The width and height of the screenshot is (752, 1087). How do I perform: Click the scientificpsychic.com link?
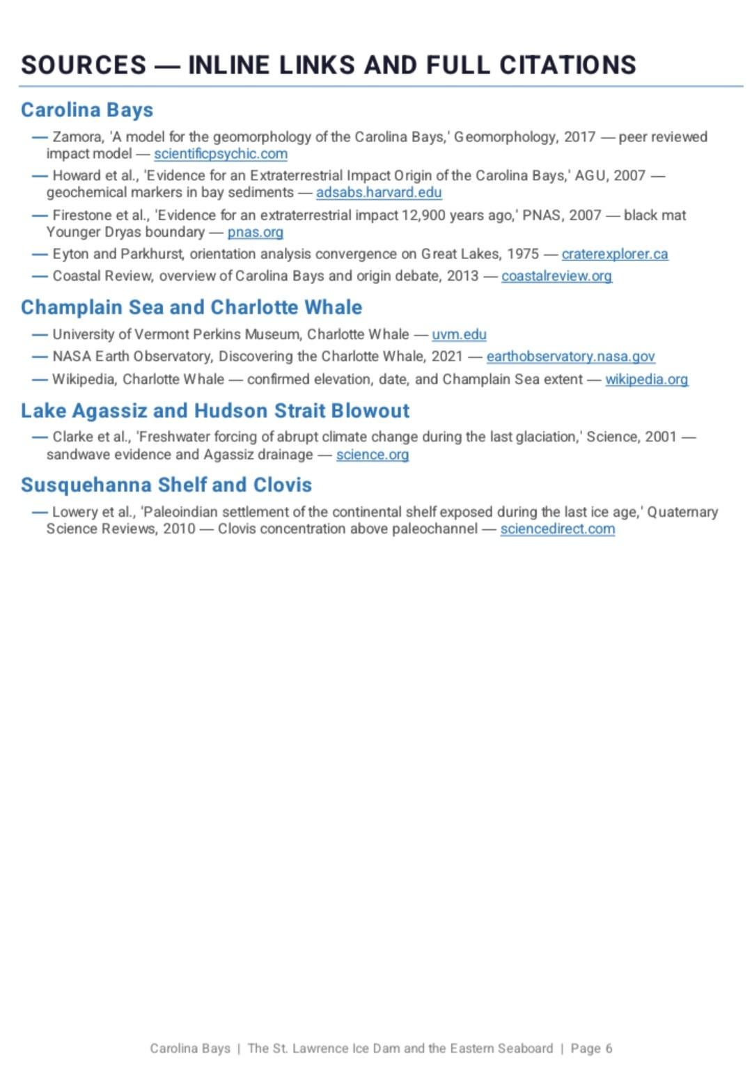[220, 154]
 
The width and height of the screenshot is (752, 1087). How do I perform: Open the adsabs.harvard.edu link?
[379, 192]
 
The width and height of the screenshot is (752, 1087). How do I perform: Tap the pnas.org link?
[255, 232]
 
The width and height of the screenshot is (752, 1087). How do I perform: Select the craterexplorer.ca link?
[614, 254]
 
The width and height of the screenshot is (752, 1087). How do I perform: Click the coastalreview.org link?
[556, 276]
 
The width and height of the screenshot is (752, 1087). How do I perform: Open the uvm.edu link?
[459, 334]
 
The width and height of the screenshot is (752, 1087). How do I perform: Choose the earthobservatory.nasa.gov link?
[570, 357]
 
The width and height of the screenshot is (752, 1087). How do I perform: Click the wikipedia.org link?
[646, 380]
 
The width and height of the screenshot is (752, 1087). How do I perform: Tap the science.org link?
[372, 455]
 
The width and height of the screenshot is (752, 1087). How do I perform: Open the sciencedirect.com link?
[557, 529]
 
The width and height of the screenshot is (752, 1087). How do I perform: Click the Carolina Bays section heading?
[87, 110]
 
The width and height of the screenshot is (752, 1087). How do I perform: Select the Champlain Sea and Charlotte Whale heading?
[191, 308]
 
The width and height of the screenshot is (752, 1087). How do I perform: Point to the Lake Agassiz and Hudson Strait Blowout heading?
[215, 411]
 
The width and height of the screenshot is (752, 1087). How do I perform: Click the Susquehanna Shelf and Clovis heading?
[166, 485]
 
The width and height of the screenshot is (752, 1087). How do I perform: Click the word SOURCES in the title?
[84, 65]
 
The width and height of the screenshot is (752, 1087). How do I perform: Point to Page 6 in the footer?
[591, 1049]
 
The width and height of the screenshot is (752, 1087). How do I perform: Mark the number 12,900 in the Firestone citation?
[423, 215]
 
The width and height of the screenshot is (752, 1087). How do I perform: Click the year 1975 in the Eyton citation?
[522, 254]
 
